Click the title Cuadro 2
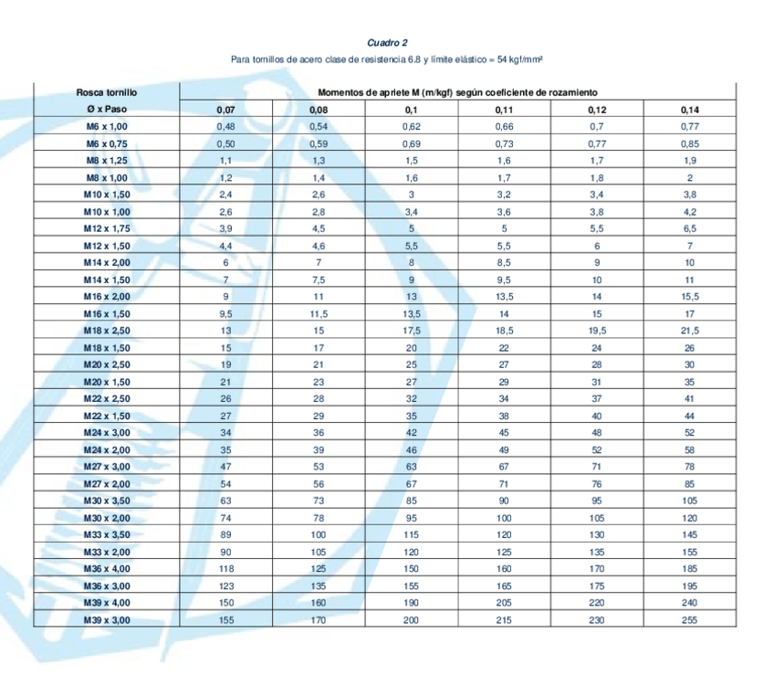coord(387,43)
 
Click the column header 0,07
coord(226,110)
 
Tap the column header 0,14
coord(689,110)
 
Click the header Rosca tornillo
coord(107,92)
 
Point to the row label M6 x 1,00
coord(107,126)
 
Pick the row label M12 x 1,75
coord(107,228)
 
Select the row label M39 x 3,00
coord(107,619)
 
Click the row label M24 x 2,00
coord(107,449)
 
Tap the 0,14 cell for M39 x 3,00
coord(689,619)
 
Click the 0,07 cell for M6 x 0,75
coord(226,143)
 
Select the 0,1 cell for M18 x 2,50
coord(412,331)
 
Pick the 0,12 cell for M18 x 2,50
coord(597,331)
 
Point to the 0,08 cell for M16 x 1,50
coord(319,313)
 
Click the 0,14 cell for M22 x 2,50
coord(689,398)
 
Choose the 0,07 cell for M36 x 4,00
coord(226,568)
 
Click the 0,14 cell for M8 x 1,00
coord(689,177)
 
